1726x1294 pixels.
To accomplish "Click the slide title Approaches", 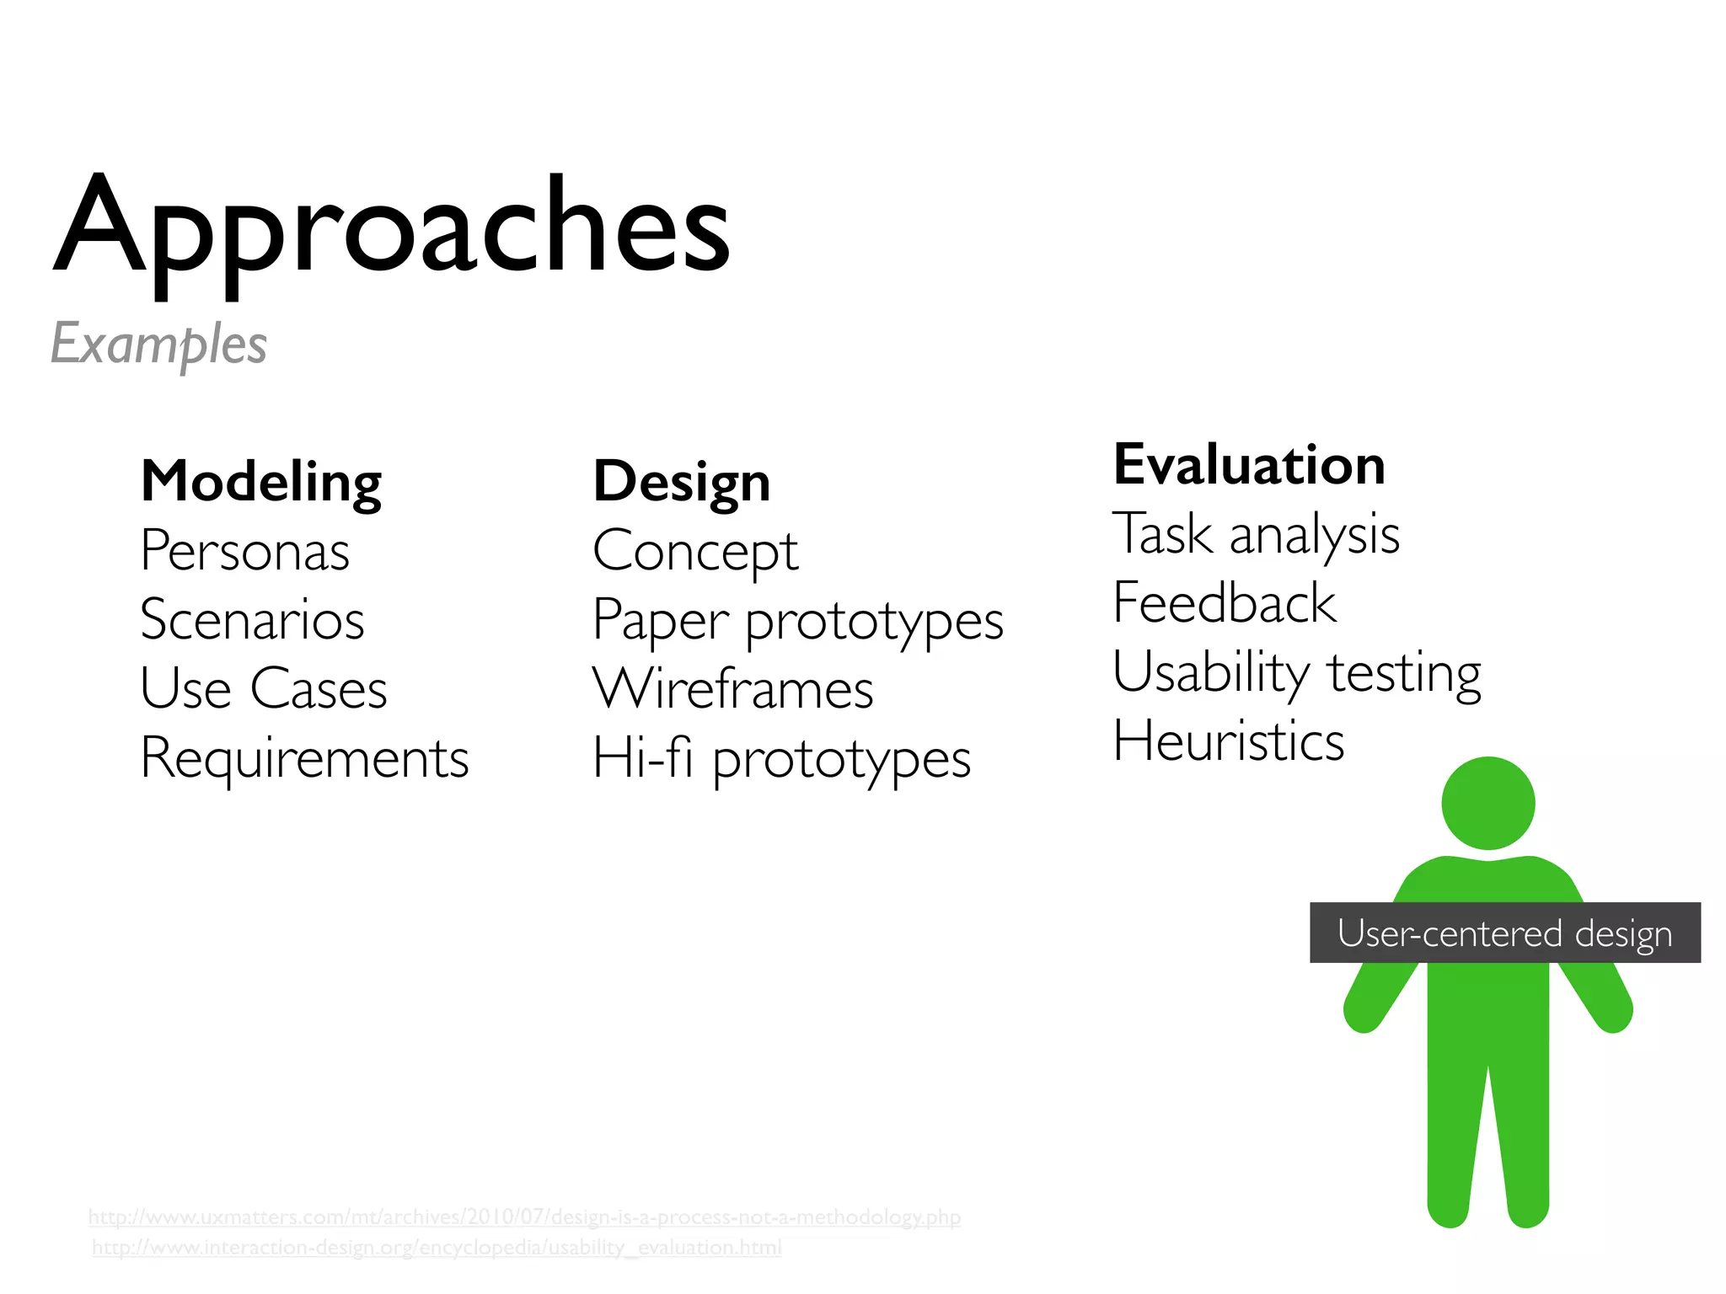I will pos(392,227).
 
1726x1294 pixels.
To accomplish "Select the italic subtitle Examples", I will pos(158,344).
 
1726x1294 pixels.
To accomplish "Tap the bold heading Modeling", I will pos(261,482).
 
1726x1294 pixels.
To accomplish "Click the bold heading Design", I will pos(681,482).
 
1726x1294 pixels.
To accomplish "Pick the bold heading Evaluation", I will pos(1249,464).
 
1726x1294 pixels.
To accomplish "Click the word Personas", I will pos(244,551).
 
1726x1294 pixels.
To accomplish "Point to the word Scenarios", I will pos(252,620).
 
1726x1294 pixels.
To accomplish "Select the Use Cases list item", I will pos(263,689).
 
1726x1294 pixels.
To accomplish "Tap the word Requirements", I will pos(304,758).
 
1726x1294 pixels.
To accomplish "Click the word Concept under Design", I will pos(695,553).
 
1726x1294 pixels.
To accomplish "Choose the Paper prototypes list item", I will pos(797,622).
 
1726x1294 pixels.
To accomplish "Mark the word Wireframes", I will pos(732,689).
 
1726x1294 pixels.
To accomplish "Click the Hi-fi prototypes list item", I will pos(781,758).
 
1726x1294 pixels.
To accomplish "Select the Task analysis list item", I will pos(1256,534).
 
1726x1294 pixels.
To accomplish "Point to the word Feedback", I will pos(1225,603).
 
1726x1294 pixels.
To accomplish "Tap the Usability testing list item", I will pos(1296,672).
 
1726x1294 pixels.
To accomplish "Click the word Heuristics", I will pos(1228,741).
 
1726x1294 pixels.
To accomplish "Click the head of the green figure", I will pos(1487,803).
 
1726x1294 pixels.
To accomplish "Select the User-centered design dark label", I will pos(1504,933).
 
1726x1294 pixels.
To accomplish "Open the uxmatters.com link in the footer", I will pos(524,1216).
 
